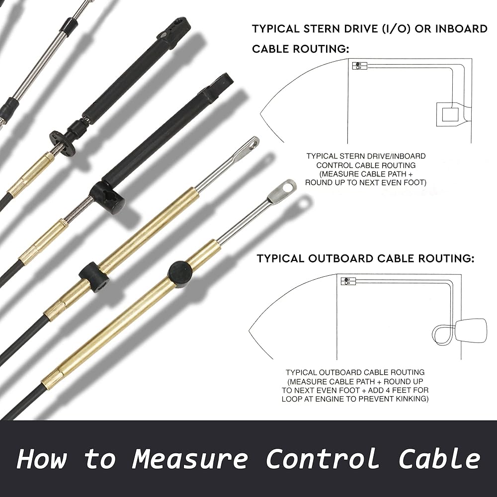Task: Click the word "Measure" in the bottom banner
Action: (191, 459)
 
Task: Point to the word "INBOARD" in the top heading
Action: (461, 29)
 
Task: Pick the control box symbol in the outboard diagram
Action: (348, 281)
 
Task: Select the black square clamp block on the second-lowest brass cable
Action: (94, 276)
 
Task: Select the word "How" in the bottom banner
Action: (42, 459)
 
